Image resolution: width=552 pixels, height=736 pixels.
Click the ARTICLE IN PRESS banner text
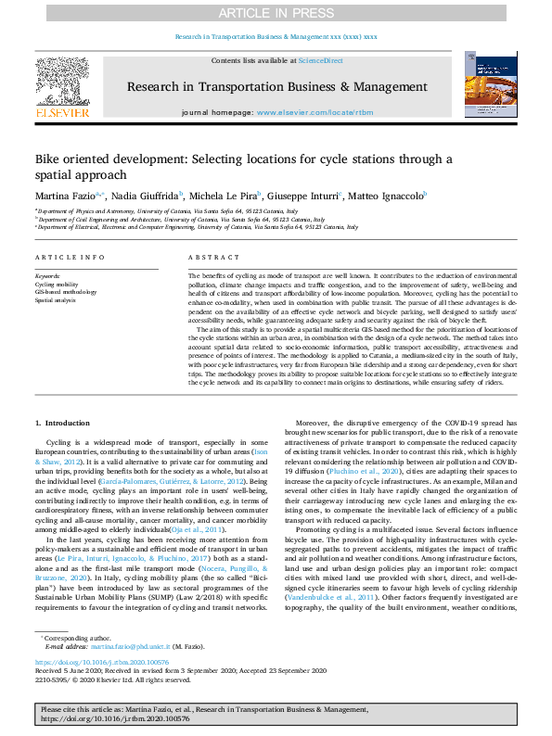coord(276,13)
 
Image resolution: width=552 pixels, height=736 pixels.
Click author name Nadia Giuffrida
coord(148,197)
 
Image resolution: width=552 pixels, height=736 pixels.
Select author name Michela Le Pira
coord(225,197)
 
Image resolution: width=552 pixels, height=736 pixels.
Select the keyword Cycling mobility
coord(58,284)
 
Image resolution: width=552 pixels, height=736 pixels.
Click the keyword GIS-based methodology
coord(66,292)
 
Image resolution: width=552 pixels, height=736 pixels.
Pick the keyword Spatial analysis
coord(57,300)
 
